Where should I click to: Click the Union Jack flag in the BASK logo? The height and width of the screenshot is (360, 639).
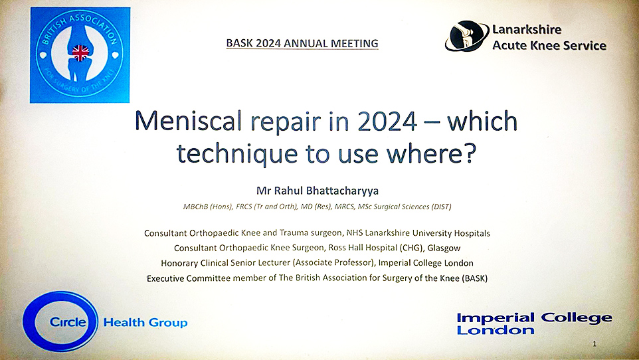[81, 52]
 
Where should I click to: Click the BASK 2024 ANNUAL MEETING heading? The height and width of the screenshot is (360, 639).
[302, 43]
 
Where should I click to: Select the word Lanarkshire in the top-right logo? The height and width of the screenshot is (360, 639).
[527, 29]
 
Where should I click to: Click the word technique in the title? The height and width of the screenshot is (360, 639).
[232, 153]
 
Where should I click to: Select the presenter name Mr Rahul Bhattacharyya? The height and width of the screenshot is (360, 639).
[319, 190]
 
